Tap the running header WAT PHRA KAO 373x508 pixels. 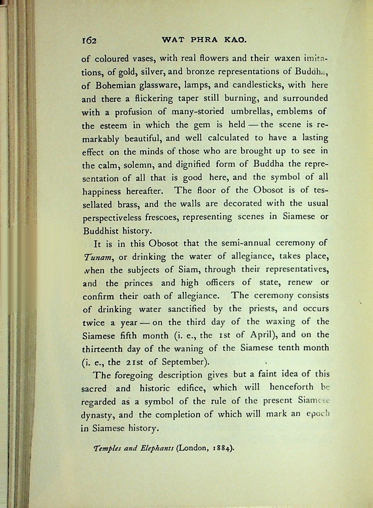pos(204,40)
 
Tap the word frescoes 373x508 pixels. pos(162,217)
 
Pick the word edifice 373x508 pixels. pos(187,388)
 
